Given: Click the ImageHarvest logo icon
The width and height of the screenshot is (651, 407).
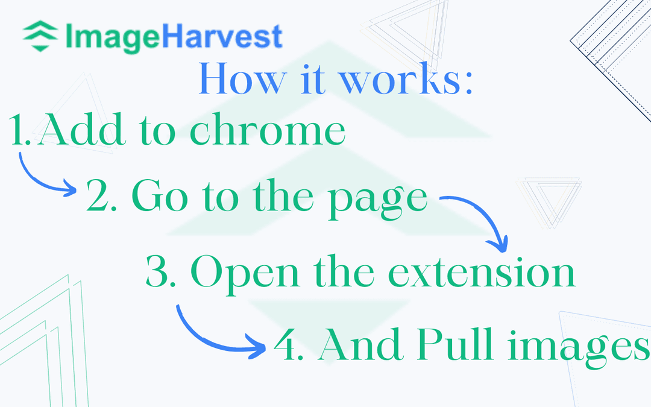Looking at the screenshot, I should click(40, 36).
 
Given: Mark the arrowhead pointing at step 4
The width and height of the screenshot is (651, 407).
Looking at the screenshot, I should click(259, 347).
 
